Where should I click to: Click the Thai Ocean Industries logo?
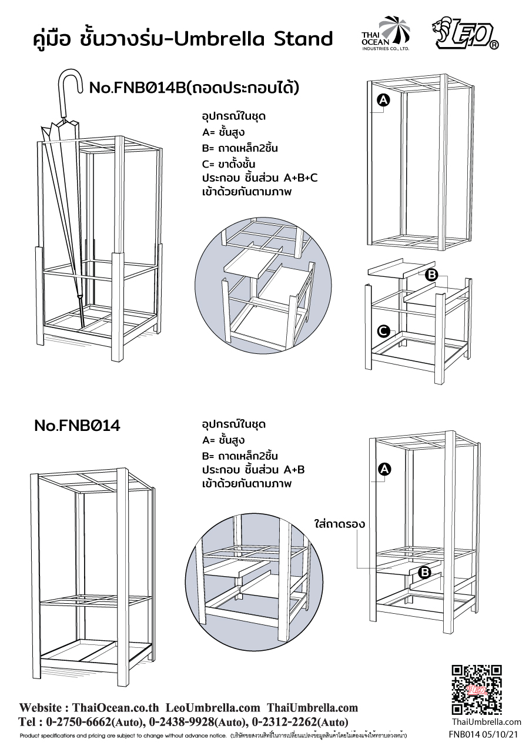tap(385, 34)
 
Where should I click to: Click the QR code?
tap(477, 690)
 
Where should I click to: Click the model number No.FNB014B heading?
tap(194, 89)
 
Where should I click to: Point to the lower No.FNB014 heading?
tap(77, 426)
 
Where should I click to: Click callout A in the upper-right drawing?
tap(383, 101)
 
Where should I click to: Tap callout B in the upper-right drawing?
tap(431, 275)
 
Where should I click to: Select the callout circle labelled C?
tap(383, 332)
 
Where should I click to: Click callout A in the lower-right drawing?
tap(384, 469)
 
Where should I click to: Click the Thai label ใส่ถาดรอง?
tap(340, 524)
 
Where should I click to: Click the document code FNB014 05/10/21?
tap(484, 734)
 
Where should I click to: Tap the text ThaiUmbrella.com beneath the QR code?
tap(486, 722)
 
